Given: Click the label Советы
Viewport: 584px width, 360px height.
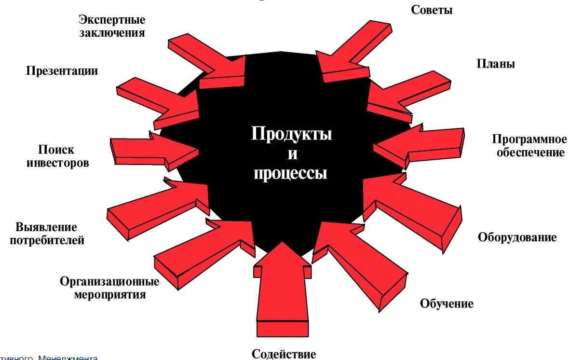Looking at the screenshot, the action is [x=432, y=10].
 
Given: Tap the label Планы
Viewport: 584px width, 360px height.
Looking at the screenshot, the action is [x=495, y=64].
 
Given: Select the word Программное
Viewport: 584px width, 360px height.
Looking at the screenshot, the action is [x=529, y=140].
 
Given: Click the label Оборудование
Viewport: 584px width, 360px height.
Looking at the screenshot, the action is [x=517, y=237].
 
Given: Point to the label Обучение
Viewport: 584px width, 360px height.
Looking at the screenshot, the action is [x=447, y=304].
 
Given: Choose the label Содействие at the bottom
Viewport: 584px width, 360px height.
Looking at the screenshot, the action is [x=284, y=354].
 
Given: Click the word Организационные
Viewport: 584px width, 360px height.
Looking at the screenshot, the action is [x=109, y=281].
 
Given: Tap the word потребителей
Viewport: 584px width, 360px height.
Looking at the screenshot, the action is [x=47, y=240].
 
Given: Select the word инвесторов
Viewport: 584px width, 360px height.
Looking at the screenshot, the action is [x=57, y=163].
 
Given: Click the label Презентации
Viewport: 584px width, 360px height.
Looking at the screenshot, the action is [x=62, y=71].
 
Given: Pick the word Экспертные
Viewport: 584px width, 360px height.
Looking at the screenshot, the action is [x=112, y=20].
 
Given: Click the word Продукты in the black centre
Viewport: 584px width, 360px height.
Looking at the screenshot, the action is [x=291, y=134].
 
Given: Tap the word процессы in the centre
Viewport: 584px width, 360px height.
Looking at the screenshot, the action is [x=290, y=173].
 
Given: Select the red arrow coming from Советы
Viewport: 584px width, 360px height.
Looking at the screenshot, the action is [x=352, y=53].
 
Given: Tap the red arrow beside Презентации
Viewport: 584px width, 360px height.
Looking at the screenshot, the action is [x=159, y=101].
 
